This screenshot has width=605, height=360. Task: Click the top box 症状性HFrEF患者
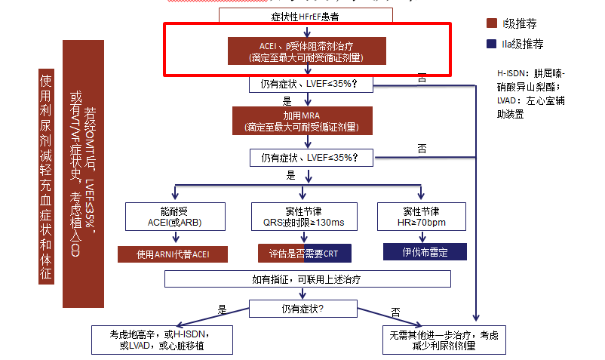(x=307, y=14)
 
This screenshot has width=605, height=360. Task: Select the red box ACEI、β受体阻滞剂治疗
(x=307, y=51)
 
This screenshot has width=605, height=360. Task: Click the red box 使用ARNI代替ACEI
(x=174, y=254)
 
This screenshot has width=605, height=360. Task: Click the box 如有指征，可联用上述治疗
(x=307, y=279)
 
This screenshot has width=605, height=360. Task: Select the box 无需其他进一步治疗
(x=444, y=340)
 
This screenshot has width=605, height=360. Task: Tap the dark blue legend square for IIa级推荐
(x=493, y=44)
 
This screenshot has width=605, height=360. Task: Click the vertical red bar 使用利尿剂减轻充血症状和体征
(x=45, y=177)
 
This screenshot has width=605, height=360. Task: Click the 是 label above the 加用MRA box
(x=287, y=100)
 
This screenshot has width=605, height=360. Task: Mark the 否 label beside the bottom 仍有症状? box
(x=395, y=312)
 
